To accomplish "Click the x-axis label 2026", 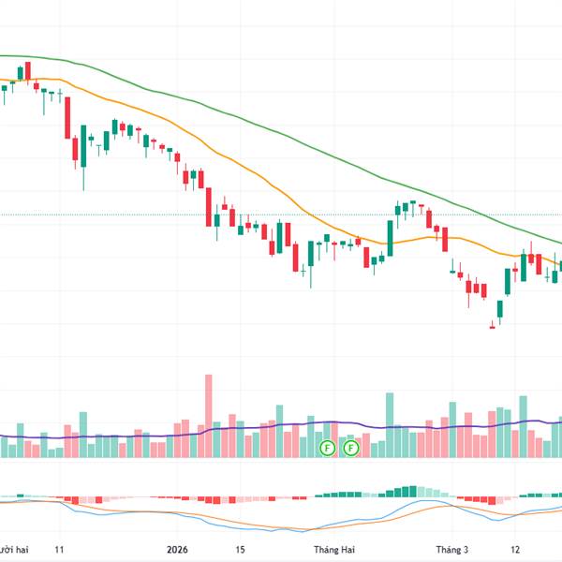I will tap(177, 551).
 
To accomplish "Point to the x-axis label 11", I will tap(59, 551).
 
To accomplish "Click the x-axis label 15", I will tap(240, 551).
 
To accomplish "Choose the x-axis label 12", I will tap(515, 551).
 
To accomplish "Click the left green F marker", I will tap(327, 448).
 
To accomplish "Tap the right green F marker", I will tap(351, 448).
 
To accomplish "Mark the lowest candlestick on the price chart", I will tap(491, 326).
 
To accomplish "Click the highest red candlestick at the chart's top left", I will tap(28, 71).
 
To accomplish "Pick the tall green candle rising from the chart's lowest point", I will tap(499, 309).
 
